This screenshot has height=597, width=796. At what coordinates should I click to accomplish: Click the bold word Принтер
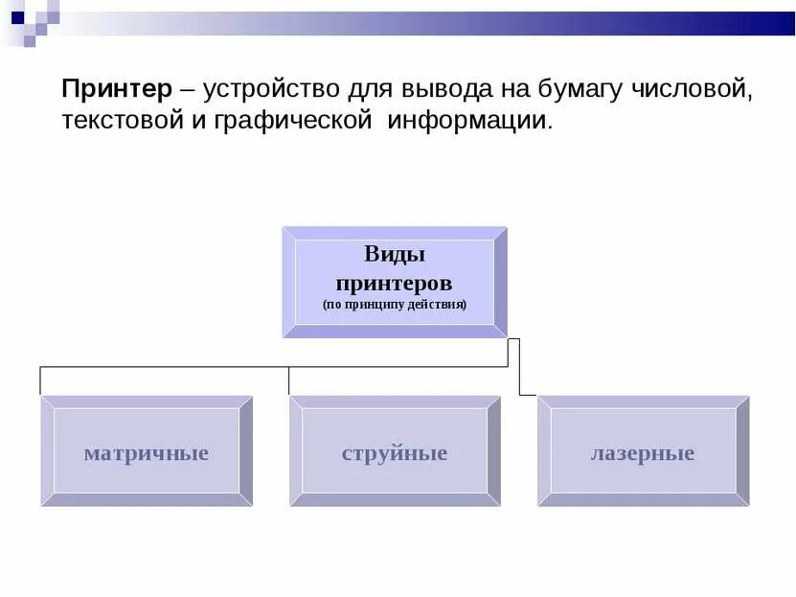[117, 90]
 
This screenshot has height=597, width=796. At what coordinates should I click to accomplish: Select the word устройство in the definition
[272, 90]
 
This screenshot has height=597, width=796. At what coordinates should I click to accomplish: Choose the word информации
[470, 122]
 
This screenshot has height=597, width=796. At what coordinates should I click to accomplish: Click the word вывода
[442, 90]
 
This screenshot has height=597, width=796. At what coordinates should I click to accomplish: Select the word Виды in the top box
[394, 254]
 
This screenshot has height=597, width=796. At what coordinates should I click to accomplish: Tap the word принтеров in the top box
[394, 284]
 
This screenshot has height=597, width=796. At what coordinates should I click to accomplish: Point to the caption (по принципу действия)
[394, 306]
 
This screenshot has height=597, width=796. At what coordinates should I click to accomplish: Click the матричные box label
[146, 453]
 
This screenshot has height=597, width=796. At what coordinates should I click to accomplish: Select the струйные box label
[394, 453]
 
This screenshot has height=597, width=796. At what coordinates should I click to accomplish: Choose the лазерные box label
[642, 453]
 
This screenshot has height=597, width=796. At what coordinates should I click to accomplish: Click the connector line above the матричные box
[40, 380]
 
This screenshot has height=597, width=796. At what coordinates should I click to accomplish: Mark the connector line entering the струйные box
[289, 381]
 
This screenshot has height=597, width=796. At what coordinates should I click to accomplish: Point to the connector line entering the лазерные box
[528, 394]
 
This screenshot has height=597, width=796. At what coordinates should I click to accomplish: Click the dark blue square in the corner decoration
[17, 16]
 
